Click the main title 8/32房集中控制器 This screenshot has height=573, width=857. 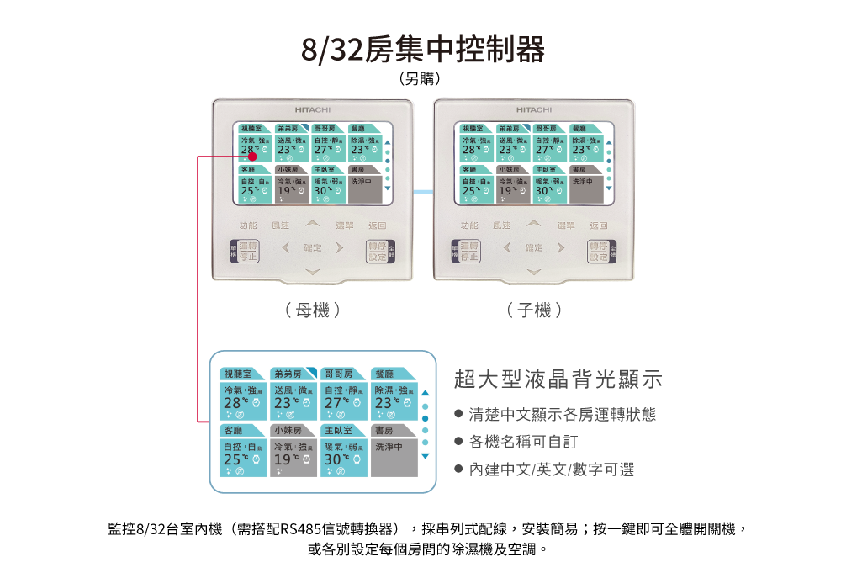pos(423,50)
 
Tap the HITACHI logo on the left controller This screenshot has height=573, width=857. pos(312,109)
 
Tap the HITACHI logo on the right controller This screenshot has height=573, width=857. pos(534,109)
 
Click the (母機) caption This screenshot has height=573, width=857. pos(313,310)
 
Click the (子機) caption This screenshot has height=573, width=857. pos(534,310)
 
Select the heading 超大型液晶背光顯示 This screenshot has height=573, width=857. pos(558,379)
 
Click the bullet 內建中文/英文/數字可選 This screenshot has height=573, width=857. pos(551,470)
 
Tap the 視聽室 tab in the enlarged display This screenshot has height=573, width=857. pos(239,374)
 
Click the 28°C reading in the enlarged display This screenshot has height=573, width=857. pos(234,403)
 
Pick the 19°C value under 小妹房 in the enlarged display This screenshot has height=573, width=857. pos(284,460)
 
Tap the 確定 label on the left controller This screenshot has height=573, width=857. pos(312,248)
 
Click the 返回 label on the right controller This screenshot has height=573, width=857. pos(599,225)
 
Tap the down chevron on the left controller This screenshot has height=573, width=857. pos(312,271)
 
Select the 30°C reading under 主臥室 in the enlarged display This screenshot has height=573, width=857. pos(335,460)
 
